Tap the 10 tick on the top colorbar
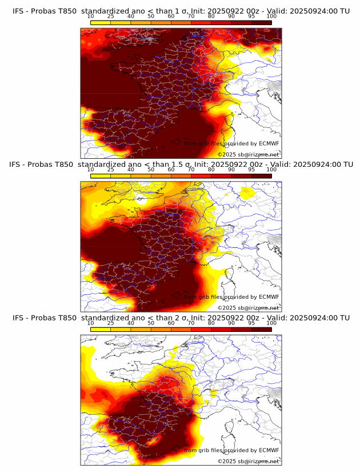[x=91, y=17]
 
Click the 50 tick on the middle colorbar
[x=151, y=170]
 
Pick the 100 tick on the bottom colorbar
[x=271, y=323]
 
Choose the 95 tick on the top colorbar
[x=251, y=17]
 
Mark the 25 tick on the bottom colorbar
[x=111, y=323]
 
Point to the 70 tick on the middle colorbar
[x=191, y=170]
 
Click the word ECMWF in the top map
[x=269, y=144]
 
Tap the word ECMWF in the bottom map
[x=269, y=450]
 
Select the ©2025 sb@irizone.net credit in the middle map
[x=249, y=307]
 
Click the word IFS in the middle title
[x=17, y=164]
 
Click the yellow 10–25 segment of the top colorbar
[x=101, y=23]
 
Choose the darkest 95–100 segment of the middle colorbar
[x=261, y=176]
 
